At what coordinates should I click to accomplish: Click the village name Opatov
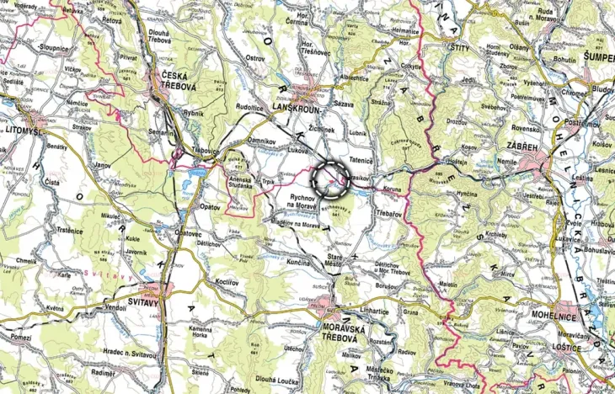[210, 205]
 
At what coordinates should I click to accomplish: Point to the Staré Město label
[339, 258]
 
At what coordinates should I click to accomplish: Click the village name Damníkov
[264, 140]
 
